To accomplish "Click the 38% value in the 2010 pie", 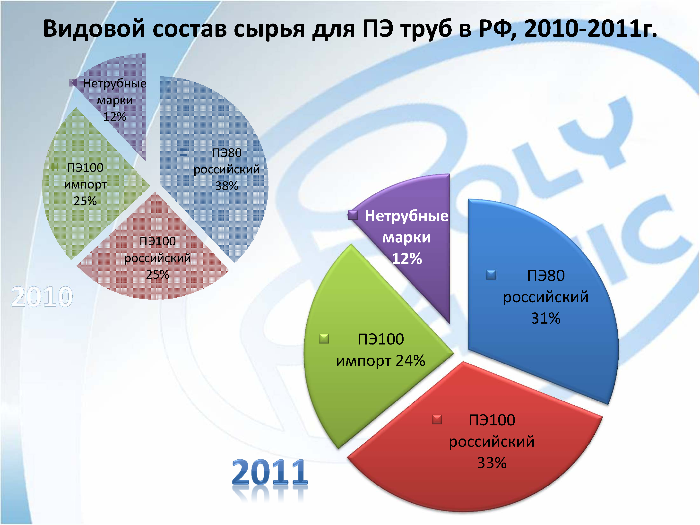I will pyautogui.click(x=227, y=186).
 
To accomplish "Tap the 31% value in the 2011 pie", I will pyautogui.click(x=545, y=318).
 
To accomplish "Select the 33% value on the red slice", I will pyautogui.click(x=492, y=463).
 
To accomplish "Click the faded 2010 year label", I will pyautogui.click(x=42, y=297).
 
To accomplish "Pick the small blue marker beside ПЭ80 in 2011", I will pyautogui.click(x=491, y=275).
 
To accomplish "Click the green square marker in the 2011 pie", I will pyautogui.click(x=324, y=339).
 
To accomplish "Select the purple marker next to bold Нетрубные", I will pyautogui.click(x=353, y=215).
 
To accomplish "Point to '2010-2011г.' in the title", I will pyautogui.click(x=590, y=29).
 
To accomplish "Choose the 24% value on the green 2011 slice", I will pyautogui.click(x=410, y=361).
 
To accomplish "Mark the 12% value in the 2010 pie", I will pyautogui.click(x=114, y=117).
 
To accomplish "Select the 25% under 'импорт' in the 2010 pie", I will pyautogui.click(x=85, y=201).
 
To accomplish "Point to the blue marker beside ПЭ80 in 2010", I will pyautogui.click(x=183, y=153).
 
